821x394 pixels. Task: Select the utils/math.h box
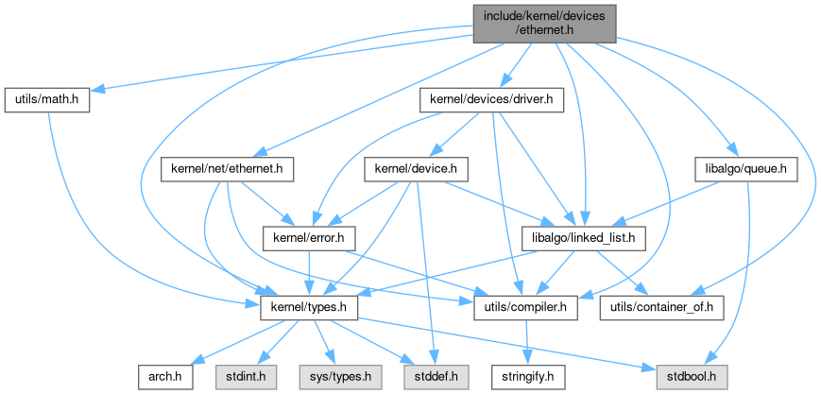coord(47,98)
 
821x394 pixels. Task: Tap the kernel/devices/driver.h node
coord(491,98)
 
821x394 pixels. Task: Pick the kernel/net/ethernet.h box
coord(228,170)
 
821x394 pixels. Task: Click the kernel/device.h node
coord(417,170)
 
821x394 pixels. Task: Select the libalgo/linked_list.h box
coord(584,236)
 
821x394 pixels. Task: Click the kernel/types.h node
coord(303,307)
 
